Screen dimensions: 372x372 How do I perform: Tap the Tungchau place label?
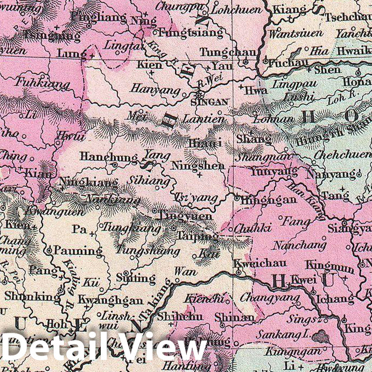221,52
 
